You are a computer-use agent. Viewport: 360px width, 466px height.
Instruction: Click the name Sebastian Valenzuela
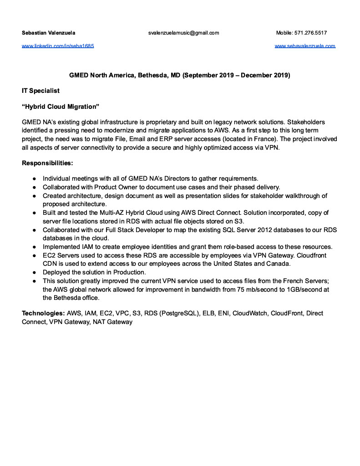click(49, 33)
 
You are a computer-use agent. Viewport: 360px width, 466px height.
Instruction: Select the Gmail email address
click(183, 33)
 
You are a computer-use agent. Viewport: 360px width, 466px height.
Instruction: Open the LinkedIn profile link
click(58, 46)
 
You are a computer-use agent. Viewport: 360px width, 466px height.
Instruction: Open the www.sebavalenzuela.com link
click(305, 46)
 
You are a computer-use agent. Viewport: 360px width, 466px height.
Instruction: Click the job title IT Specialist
click(41, 91)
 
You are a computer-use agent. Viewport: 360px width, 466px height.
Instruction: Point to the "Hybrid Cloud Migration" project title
click(61, 106)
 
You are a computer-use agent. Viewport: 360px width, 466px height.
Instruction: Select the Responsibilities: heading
click(47, 162)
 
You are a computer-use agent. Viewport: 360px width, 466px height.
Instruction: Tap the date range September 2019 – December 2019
click(236, 75)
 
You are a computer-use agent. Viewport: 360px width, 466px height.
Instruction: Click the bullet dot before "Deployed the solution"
click(34, 273)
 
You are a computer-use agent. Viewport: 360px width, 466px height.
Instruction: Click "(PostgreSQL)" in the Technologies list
click(180, 314)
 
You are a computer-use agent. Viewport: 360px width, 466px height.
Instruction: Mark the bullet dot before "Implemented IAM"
click(34, 247)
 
